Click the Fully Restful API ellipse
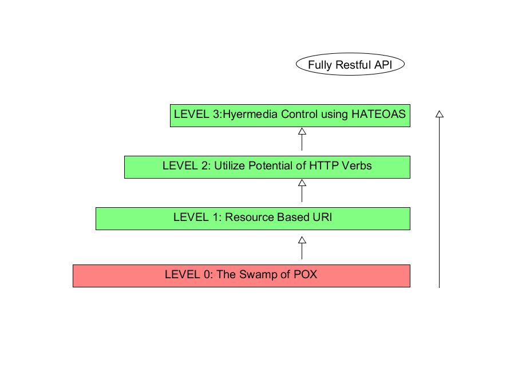(x=350, y=65)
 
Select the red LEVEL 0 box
(x=241, y=275)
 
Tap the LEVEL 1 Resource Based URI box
(x=252, y=219)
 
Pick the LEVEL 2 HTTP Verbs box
(x=267, y=167)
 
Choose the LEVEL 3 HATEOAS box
(x=290, y=115)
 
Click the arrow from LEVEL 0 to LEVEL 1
(x=302, y=248)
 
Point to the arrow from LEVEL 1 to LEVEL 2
(x=302, y=191)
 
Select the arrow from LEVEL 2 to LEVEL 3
(x=302, y=139)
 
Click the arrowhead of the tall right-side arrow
(x=439, y=113)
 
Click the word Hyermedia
(x=250, y=114)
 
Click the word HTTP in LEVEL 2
(x=325, y=166)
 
